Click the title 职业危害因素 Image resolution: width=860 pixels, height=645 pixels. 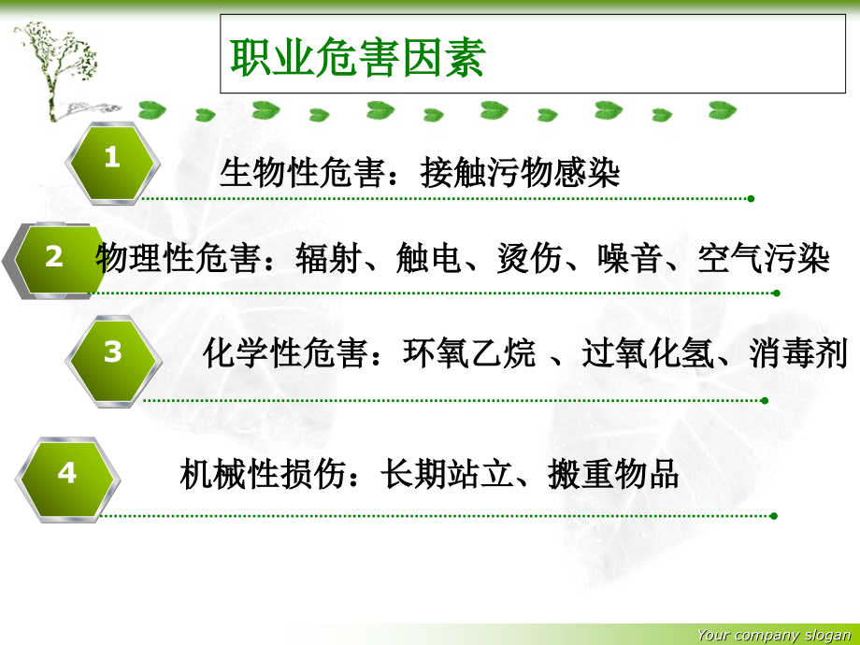(x=358, y=59)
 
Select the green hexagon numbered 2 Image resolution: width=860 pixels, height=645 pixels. (x=54, y=257)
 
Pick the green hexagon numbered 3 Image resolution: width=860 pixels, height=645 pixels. (x=112, y=353)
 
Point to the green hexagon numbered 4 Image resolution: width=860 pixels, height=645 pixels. (x=67, y=474)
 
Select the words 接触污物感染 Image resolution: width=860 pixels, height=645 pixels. (x=520, y=173)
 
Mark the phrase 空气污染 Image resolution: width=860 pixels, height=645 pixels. (x=764, y=259)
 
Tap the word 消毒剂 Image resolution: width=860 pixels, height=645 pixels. (x=797, y=354)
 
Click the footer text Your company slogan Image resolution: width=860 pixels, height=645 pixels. (x=774, y=636)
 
